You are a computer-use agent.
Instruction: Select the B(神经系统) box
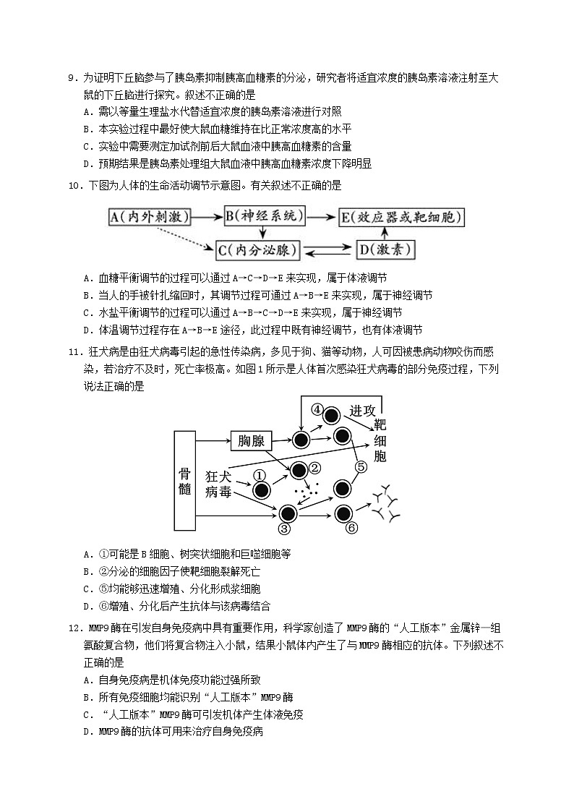pyautogui.click(x=265, y=215)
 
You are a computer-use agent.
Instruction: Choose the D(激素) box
pyautogui.click(x=385, y=250)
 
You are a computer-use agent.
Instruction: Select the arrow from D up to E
pyautogui.click(x=385, y=233)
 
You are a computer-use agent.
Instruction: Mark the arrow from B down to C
pyautogui.click(x=265, y=233)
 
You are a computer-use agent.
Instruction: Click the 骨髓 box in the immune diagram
pyautogui.click(x=185, y=480)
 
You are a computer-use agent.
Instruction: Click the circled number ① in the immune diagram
pyautogui.click(x=260, y=476)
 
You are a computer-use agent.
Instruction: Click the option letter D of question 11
pyautogui.click(x=87, y=606)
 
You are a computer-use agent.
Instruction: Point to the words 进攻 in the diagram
pyautogui.click(x=362, y=409)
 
